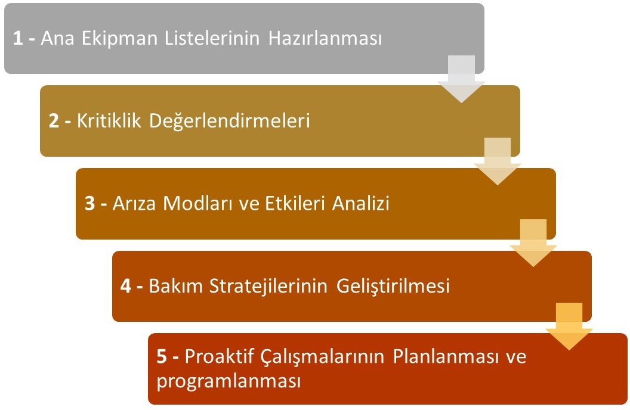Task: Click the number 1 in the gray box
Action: [18, 39]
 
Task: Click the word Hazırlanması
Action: [325, 39]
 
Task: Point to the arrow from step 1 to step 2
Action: [461, 79]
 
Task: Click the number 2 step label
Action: [54, 121]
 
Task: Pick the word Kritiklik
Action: [109, 121]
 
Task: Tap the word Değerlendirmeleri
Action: [230, 121]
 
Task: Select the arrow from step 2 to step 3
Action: [498, 161]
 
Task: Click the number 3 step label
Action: [89, 203]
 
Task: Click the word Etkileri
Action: [295, 203]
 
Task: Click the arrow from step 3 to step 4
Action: [533, 243]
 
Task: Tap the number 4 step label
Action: [126, 286]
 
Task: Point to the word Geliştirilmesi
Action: [393, 287]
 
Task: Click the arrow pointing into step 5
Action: [569, 327]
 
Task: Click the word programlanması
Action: [228, 381]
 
